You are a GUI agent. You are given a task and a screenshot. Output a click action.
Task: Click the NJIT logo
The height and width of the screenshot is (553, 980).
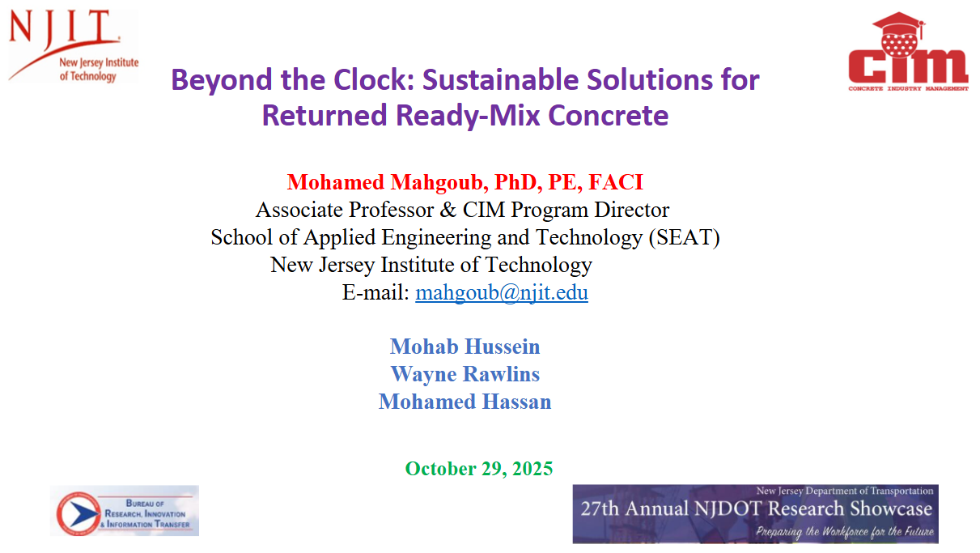(73, 45)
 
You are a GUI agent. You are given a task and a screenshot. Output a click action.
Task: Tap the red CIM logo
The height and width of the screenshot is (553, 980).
(908, 52)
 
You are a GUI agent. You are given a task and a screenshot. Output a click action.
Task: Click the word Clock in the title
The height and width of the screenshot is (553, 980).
(374, 79)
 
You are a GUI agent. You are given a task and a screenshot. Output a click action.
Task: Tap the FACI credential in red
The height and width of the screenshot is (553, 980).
(616, 182)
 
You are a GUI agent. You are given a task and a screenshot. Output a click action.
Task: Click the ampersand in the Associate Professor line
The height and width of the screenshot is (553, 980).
(448, 210)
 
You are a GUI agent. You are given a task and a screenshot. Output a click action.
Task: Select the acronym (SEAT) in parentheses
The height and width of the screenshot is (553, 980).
(685, 238)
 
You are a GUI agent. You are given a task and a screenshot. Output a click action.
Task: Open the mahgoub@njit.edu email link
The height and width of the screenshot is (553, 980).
(502, 292)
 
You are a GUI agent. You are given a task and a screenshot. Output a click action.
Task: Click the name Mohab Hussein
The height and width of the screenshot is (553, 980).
(465, 347)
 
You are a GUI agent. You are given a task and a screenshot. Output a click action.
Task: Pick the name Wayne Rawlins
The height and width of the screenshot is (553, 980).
(465, 374)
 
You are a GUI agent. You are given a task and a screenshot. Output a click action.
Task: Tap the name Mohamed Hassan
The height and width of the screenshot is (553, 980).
(465, 402)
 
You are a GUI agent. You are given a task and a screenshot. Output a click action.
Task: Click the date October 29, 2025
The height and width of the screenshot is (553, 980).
(479, 469)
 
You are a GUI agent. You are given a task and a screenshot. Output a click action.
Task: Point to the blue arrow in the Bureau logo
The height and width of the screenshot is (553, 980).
(84, 514)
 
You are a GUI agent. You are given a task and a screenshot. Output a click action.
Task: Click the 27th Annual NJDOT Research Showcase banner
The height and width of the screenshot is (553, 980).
(756, 514)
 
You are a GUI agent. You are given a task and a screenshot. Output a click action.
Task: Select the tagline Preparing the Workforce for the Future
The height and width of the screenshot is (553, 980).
(845, 532)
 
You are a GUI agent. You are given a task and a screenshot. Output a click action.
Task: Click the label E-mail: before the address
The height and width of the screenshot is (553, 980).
(375, 292)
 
